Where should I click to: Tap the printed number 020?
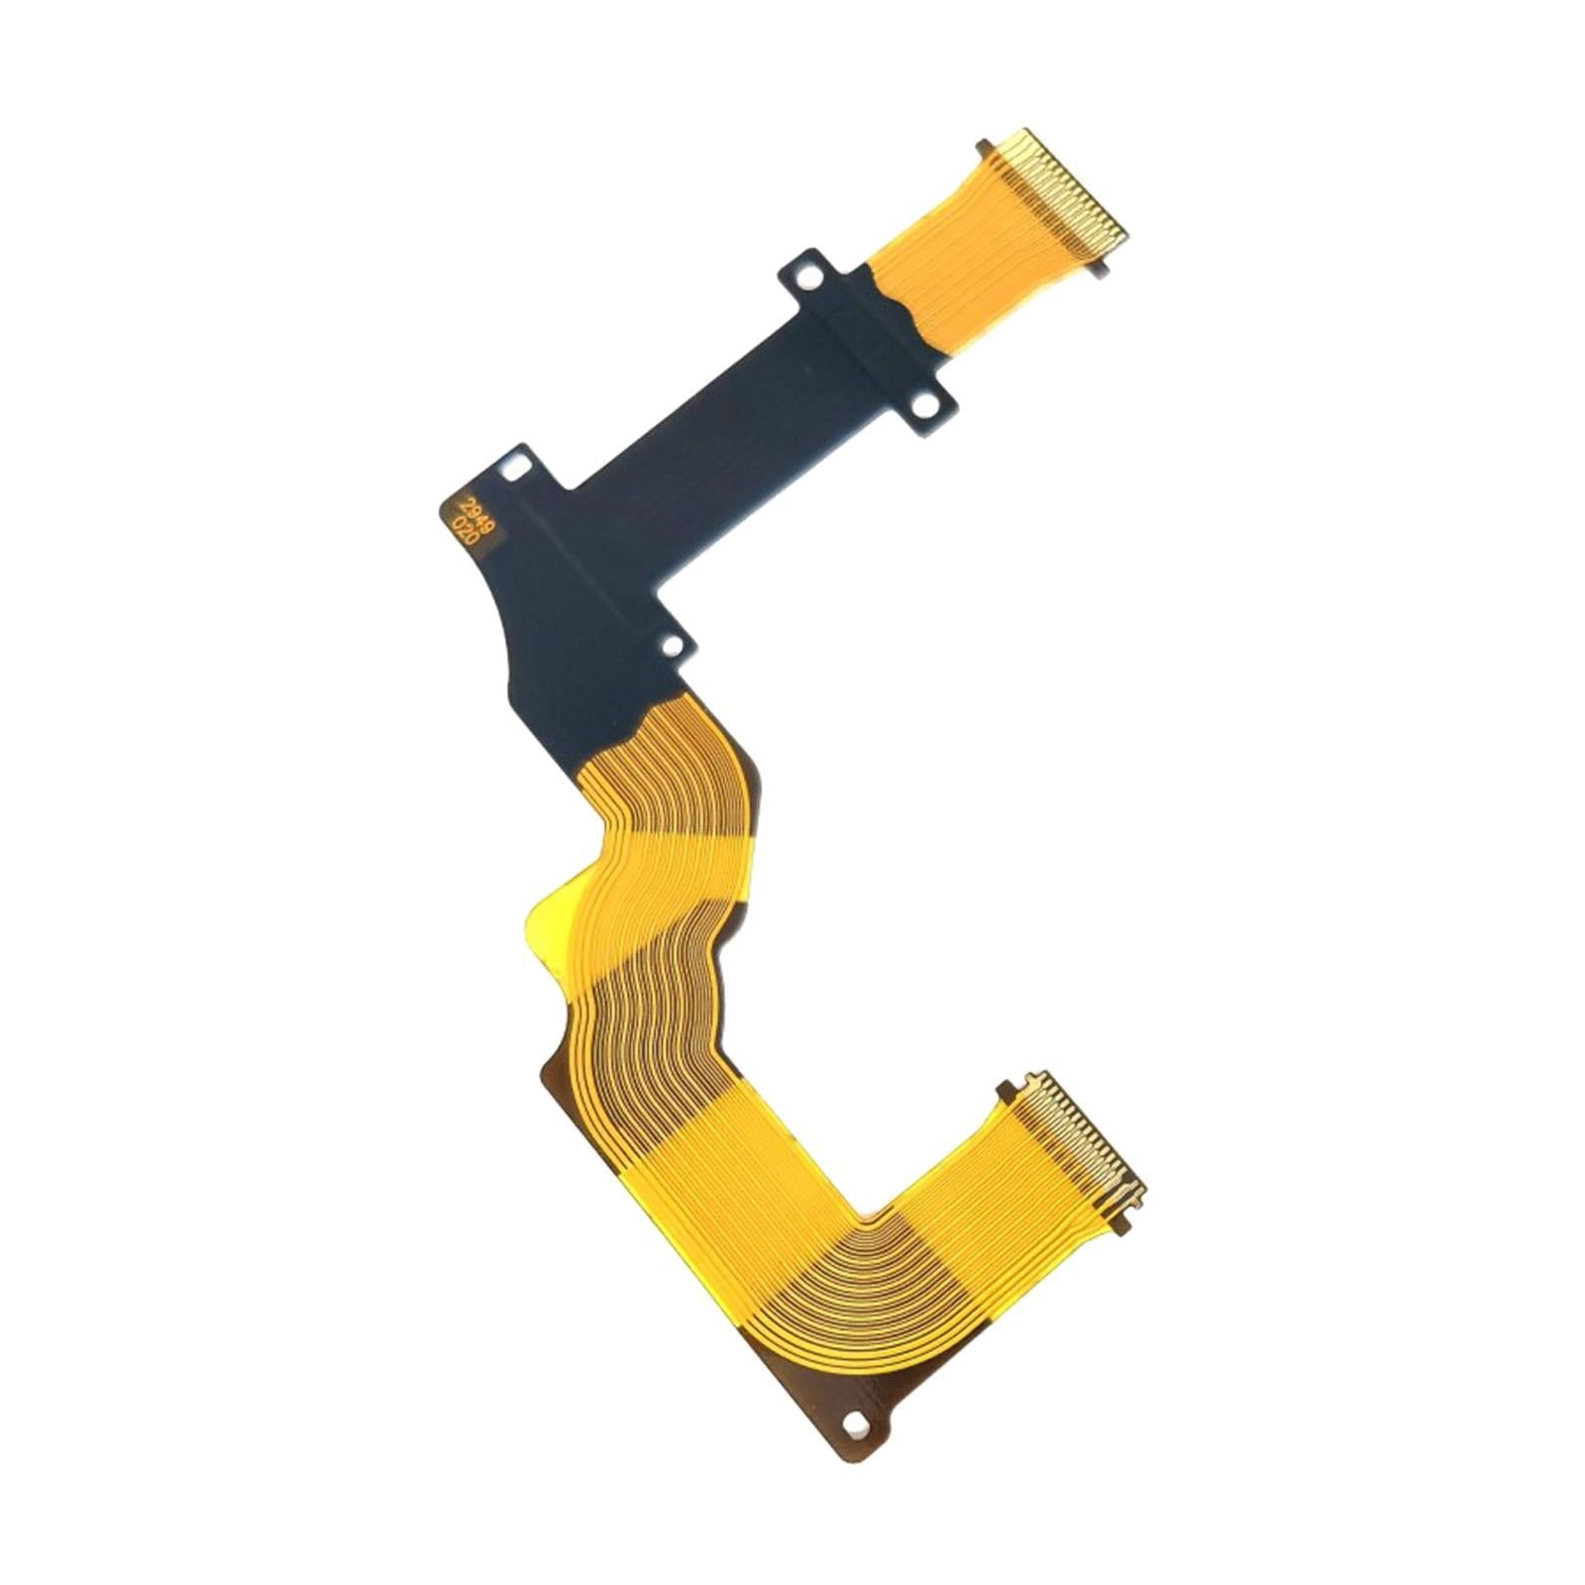462,526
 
